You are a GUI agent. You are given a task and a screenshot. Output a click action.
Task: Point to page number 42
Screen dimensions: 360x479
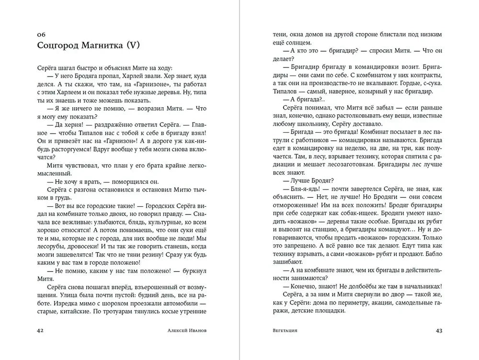pos(41,330)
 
